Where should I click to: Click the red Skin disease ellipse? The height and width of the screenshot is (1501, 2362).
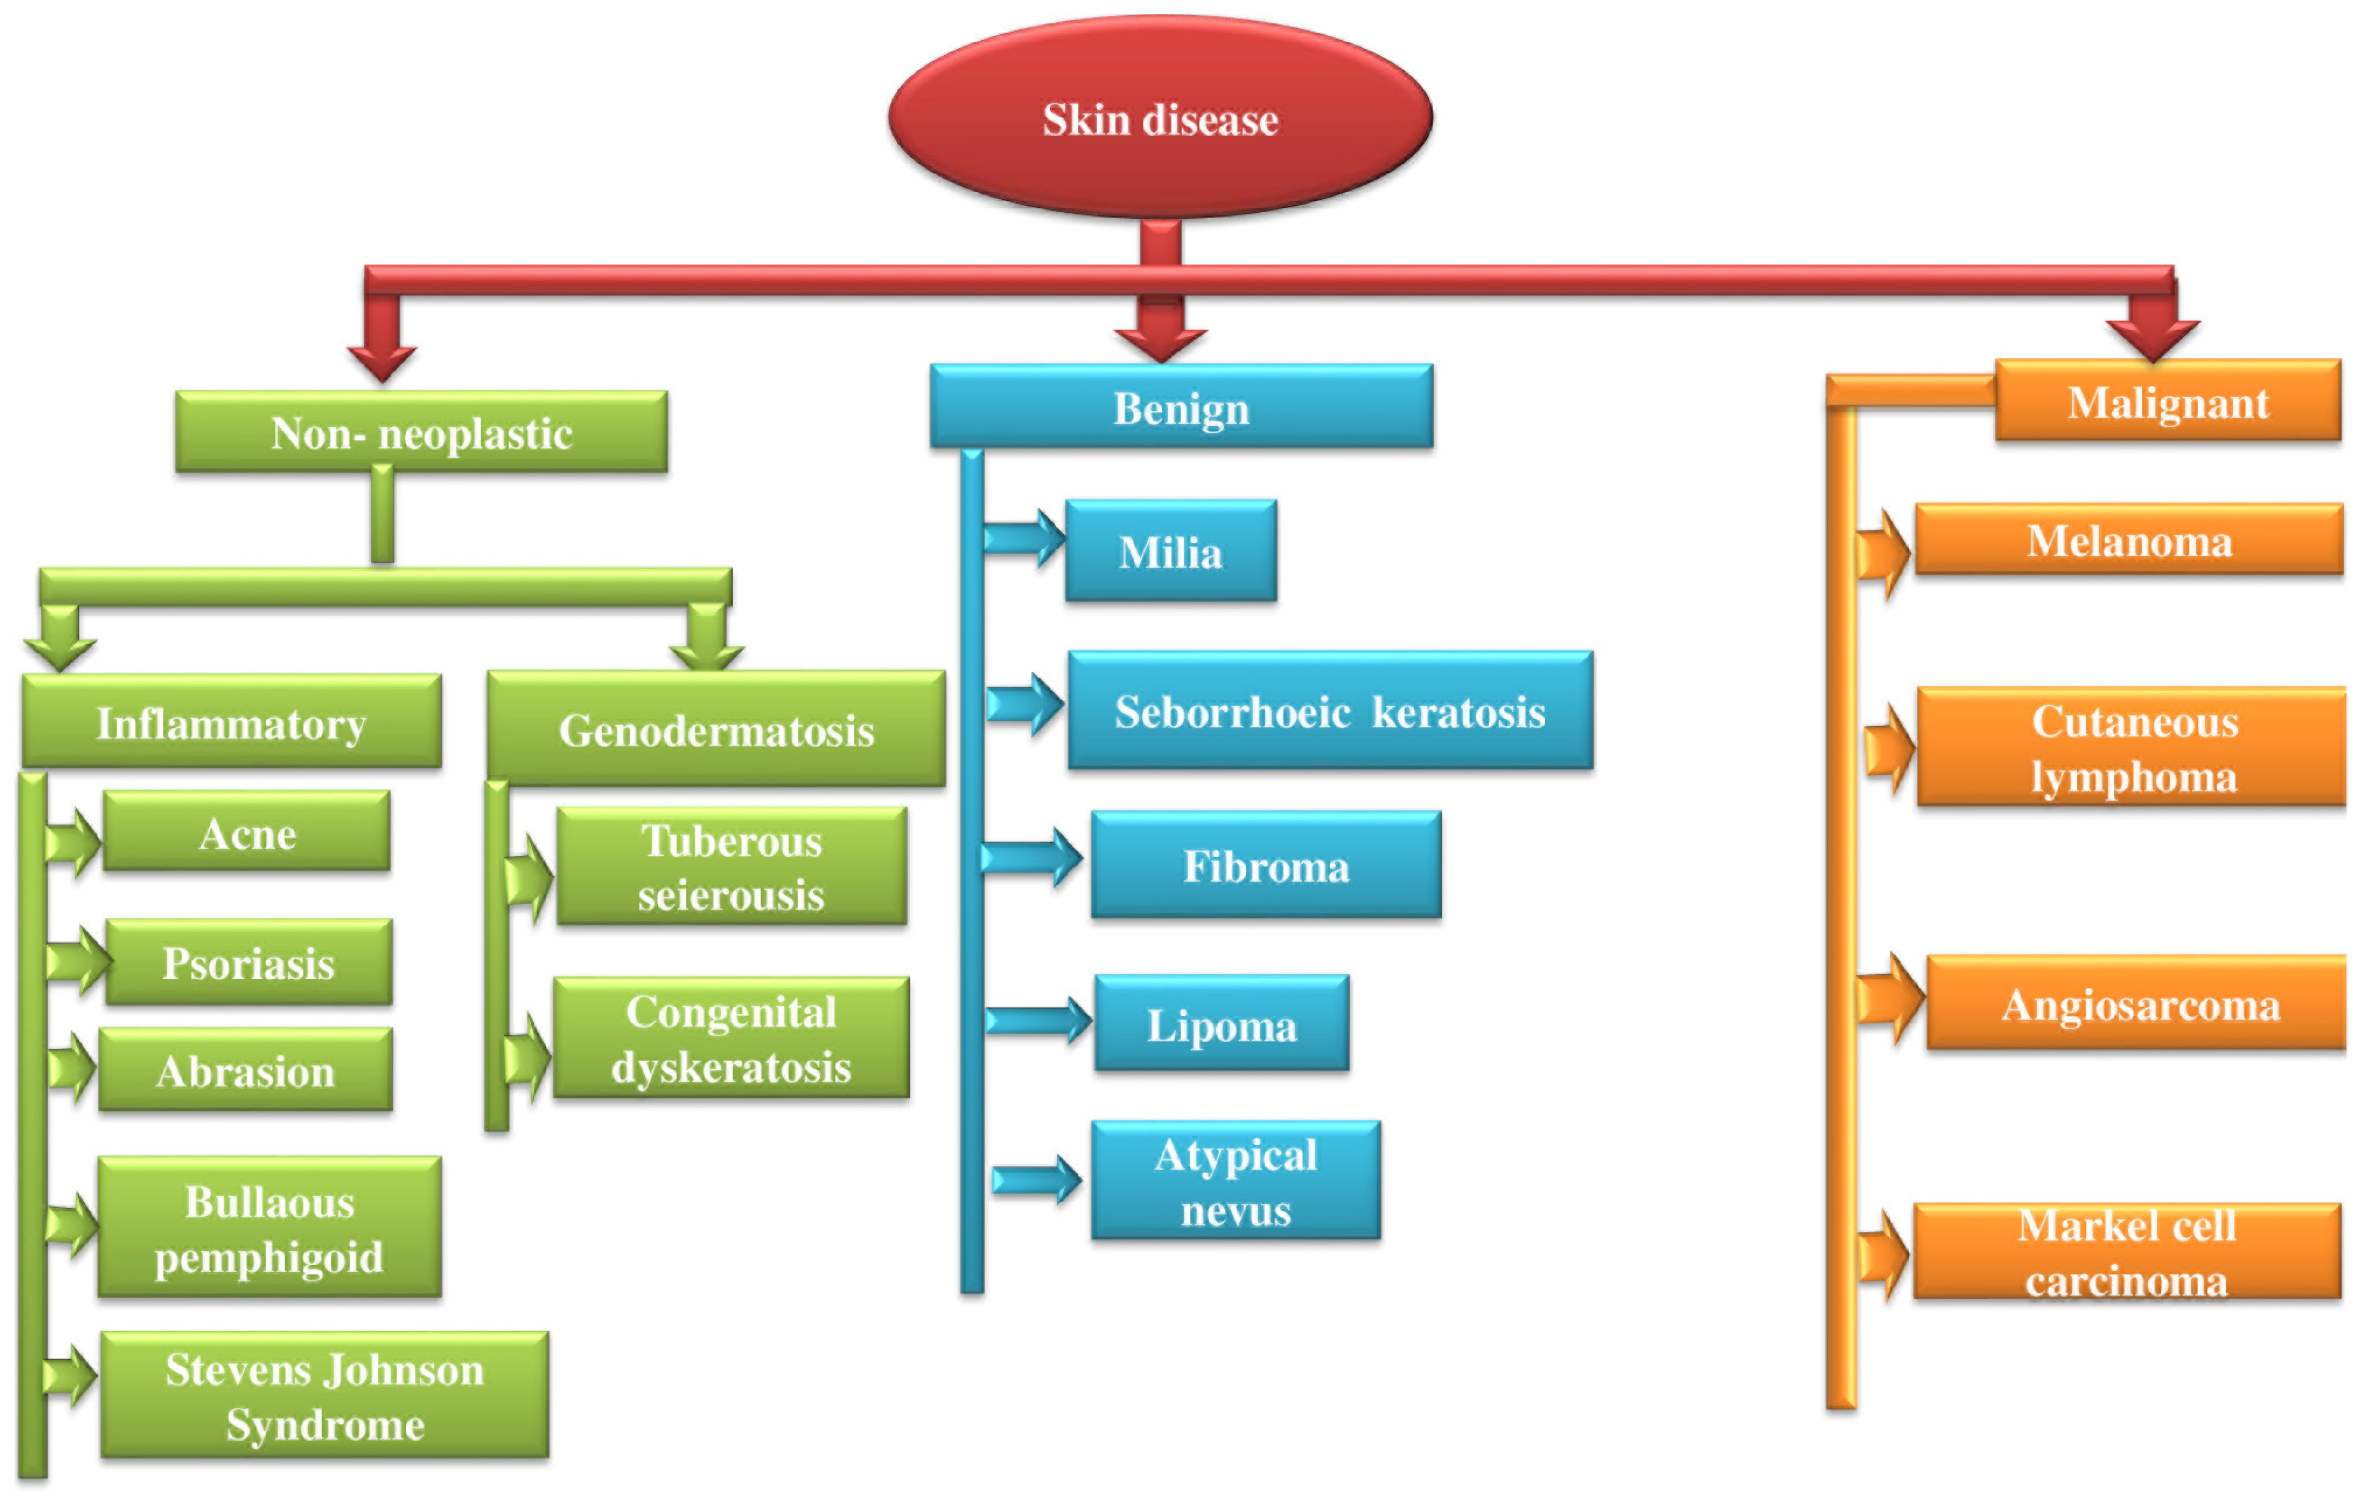click(1161, 118)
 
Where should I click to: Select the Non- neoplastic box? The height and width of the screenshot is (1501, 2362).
click(422, 432)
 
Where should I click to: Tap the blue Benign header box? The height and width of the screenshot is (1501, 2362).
click(1181, 407)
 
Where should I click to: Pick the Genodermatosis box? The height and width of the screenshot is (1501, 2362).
click(716, 728)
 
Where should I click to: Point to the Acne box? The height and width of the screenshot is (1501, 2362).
click(247, 832)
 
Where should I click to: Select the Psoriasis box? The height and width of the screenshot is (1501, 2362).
click(249, 962)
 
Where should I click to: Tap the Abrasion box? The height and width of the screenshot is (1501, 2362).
click(245, 1069)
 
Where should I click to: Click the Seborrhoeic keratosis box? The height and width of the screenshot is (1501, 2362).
click(1330, 710)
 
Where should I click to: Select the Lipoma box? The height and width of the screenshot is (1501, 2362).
click(1221, 1023)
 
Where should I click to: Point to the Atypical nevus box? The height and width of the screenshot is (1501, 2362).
click(1236, 1180)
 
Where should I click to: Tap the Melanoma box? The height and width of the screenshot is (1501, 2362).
click(2129, 539)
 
